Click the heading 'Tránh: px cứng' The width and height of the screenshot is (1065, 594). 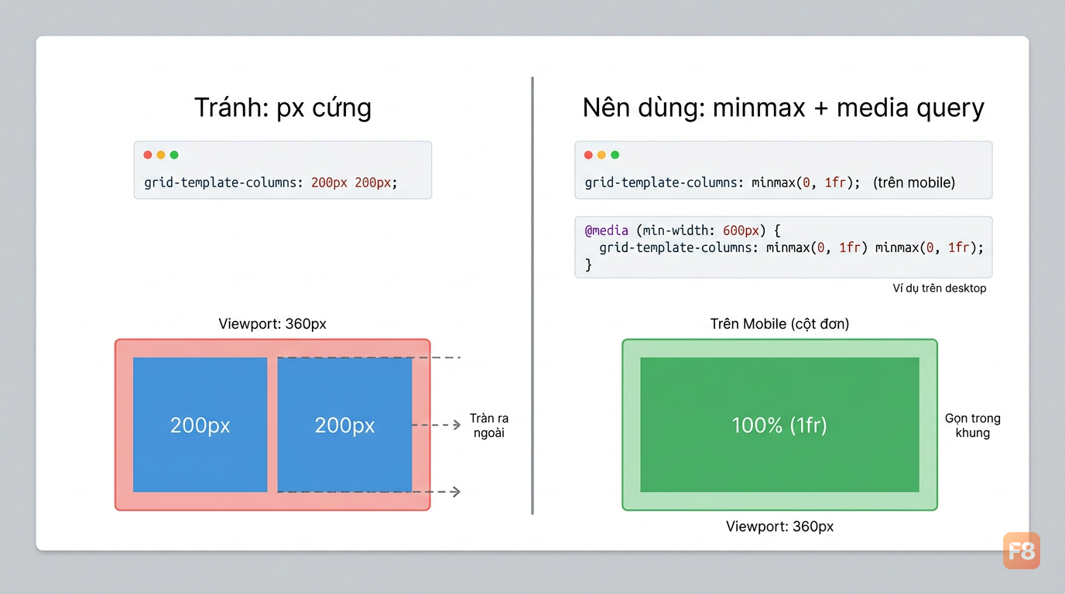click(x=283, y=108)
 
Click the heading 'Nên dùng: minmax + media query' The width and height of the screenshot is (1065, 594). click(x=783, y=108)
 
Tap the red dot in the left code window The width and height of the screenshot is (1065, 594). click(x=148, y=155)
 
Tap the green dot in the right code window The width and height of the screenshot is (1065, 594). click(x=615, y=155)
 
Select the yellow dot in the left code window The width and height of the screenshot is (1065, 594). click(x=161, y=155)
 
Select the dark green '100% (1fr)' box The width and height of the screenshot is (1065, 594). click(x=779, y=425)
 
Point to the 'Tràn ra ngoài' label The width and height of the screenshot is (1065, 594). click(x=489, y=425)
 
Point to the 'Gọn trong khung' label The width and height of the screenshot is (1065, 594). click(x=973, y=425)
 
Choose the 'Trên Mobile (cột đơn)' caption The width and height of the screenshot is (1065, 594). click(x=779, y=324)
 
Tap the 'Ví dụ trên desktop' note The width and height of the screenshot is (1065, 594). click(x=940, y=288)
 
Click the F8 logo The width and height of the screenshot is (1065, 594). click(x=1022, y=551)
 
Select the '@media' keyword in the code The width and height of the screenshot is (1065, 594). click(x=606, y=231)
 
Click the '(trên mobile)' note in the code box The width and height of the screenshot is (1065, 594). click(x=914, y=183)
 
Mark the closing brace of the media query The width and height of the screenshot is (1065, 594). click(x=588, y=265)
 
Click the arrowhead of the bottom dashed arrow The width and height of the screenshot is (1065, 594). click(x=457, y=491)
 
